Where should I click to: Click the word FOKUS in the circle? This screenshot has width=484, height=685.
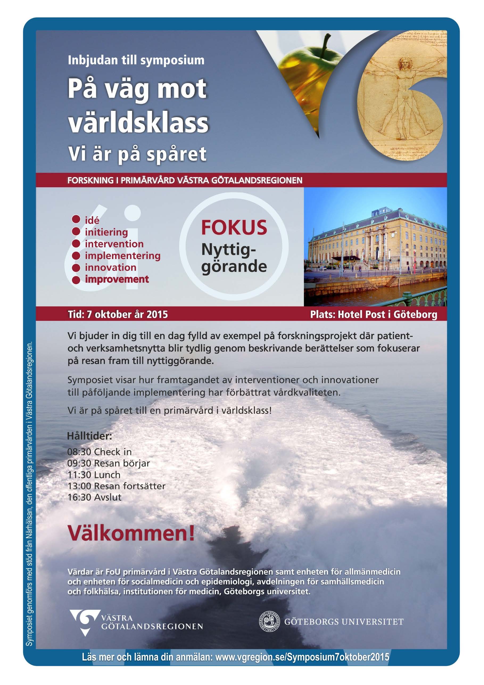pos(234,228)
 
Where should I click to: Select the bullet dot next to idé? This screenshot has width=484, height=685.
pos(76,220)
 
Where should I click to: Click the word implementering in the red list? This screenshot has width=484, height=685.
pos(123,256)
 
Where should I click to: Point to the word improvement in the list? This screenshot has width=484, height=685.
pos(117,279)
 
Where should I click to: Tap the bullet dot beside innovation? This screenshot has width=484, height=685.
pos(76,268)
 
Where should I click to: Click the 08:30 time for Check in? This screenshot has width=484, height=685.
pos(79,452)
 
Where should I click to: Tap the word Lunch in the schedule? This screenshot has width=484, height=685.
pos(107,475)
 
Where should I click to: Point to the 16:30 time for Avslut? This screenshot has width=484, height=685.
pos(79,497)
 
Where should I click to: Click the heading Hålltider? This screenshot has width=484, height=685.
pos(89,436)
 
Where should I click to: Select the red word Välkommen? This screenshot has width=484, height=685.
pos(131,533)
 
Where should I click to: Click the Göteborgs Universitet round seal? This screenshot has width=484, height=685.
pos(269,622)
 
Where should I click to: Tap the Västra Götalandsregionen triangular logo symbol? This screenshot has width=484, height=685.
pos(84,621)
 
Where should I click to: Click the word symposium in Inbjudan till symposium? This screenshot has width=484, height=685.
pos(172,60)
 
